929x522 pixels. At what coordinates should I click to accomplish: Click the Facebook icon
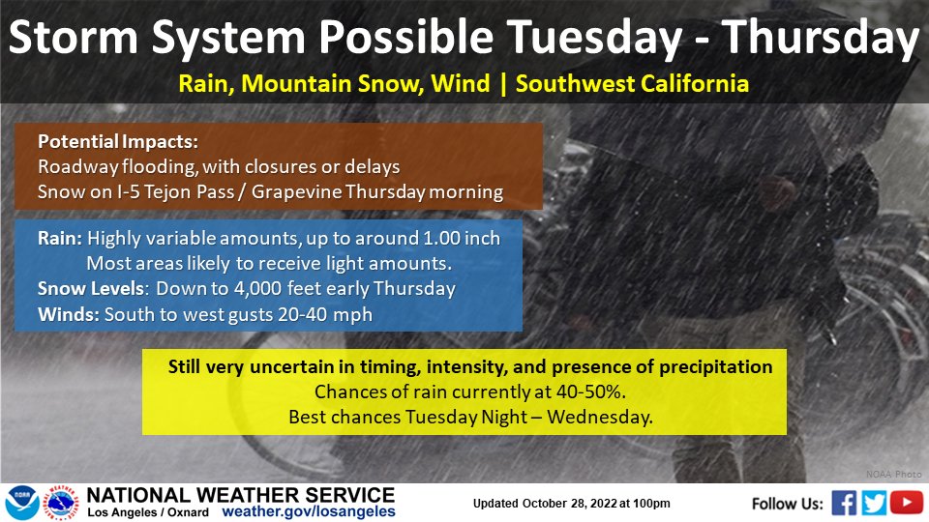(844, 503)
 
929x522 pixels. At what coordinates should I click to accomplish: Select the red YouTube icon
(907, 503)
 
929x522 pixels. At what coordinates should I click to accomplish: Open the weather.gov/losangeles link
(309, 512)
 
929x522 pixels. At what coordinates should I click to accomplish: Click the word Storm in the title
(74, 38)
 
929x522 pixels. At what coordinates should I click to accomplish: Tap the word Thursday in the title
(821, 39)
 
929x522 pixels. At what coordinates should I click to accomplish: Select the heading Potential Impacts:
(118, 142)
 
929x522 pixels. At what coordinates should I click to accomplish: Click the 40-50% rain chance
(590, 391)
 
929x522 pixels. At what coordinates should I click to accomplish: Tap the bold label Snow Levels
(91, 289)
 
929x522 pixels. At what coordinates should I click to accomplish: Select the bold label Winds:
(69, 314)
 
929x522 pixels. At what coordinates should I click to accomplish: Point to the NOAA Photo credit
(893, 474)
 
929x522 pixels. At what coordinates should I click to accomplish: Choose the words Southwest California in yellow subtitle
(632, 84)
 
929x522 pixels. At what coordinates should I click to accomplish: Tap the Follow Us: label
(788, 504)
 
